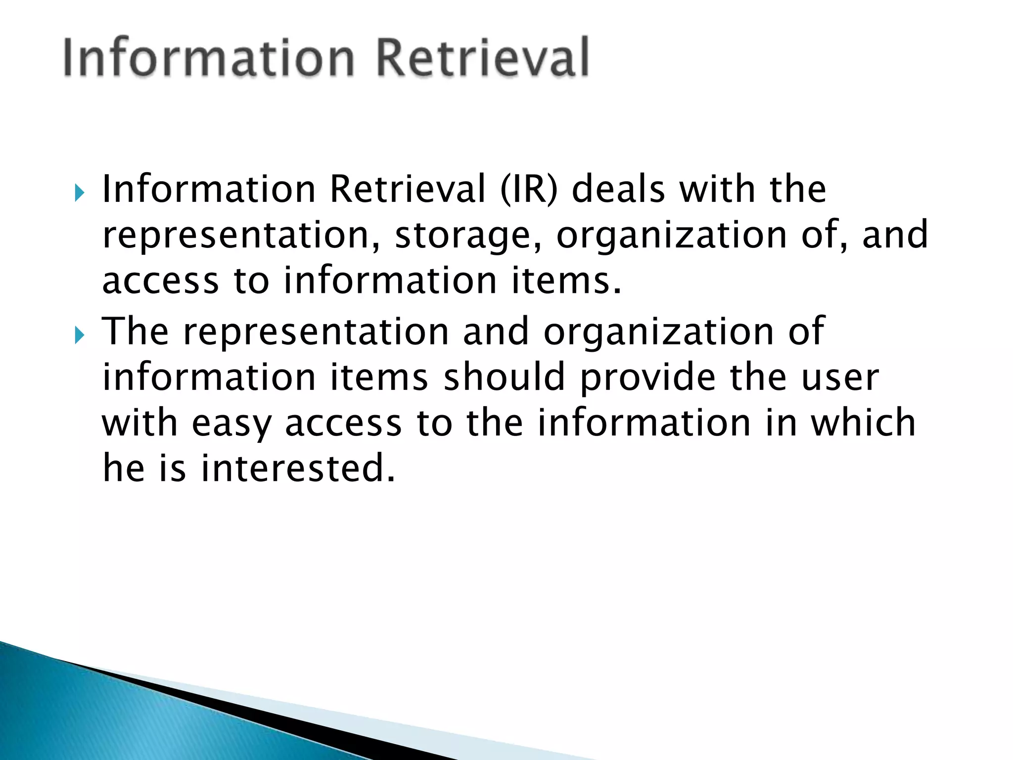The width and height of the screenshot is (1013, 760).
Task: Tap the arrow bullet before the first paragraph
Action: point(80,192)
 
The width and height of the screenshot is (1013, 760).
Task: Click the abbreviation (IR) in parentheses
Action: point(528,190)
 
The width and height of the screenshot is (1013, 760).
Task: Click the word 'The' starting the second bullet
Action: point(135,332)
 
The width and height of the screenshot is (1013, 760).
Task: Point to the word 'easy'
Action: point(231,425)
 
